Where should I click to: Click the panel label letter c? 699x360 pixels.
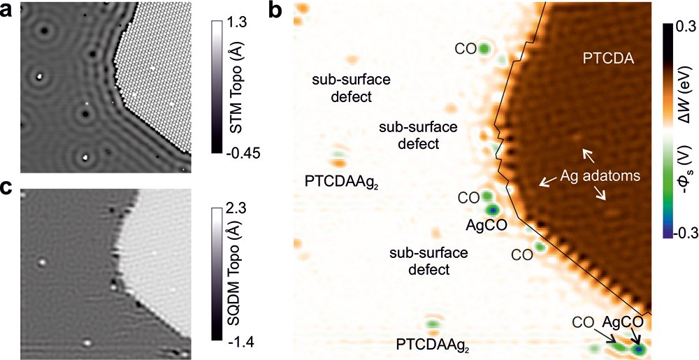tap(8, 186)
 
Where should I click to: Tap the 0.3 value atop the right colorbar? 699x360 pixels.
tap(677, 25)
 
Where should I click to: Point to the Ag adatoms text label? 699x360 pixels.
tap(602, 177)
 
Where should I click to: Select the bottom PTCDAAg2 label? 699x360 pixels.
tap(433, 345)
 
